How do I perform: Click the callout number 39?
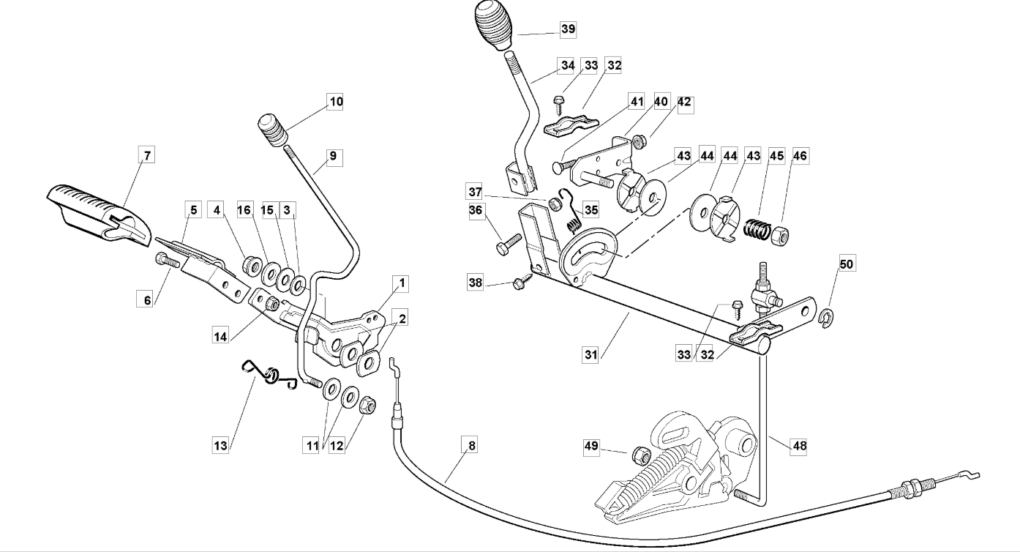point(568,30)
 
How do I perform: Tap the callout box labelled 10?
point(335,102)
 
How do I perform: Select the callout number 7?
point(147,155)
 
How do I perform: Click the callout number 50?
point(846,264)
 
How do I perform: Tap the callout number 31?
point(590,354)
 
